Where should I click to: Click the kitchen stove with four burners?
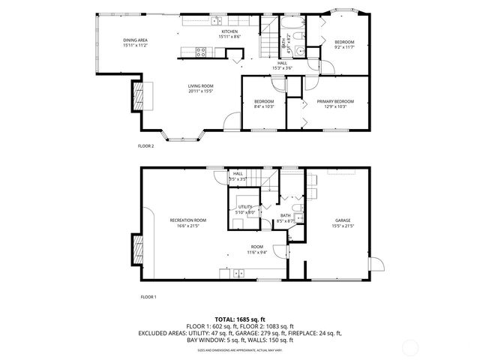[x=201, y=52]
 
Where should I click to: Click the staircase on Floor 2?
[x=268, y=37]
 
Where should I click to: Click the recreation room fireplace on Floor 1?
[x=136, y=247]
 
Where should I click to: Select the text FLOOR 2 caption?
[x=146, y=145]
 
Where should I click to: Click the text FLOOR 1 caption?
[x=148, y=297]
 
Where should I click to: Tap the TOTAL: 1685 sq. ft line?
[x=239, y=319]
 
